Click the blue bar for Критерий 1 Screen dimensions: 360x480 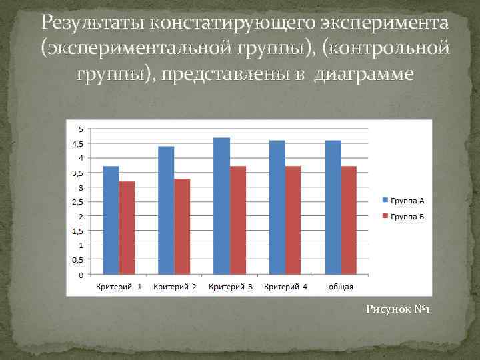[x=111, y=220]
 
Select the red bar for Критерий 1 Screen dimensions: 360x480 [x=127, y=227]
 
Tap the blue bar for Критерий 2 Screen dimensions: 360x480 [x=166, y=210]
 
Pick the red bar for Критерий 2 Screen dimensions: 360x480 [x=182, y=226]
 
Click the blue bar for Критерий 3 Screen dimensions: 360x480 [x=221, y=206]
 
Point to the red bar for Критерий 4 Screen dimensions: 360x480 [x=293, y=220]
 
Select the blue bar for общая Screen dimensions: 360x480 [x=333, y=207]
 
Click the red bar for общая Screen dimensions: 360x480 [x=349, y=220]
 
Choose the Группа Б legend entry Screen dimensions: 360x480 [x=403, y=217]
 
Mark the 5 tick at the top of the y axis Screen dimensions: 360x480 [x=81, y=129]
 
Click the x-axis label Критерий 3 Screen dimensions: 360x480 [x=230, y=287]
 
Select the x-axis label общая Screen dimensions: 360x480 [x=341, y=287]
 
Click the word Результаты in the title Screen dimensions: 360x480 [x=93, y=24]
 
